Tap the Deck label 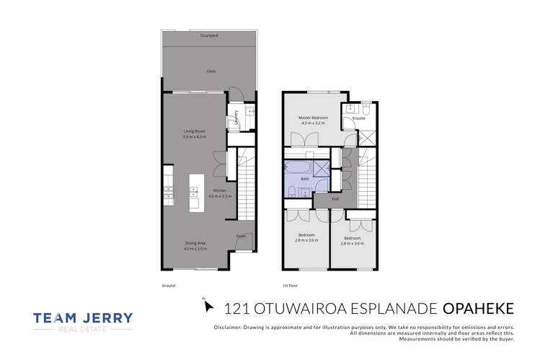211,71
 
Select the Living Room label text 194,131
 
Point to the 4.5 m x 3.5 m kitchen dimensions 219,196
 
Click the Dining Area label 196,243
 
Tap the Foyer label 241,235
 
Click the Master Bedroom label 314,118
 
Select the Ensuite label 348,118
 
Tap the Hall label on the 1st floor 335,199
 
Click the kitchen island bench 195,192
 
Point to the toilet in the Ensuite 366,108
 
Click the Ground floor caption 169,286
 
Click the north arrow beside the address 209,306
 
